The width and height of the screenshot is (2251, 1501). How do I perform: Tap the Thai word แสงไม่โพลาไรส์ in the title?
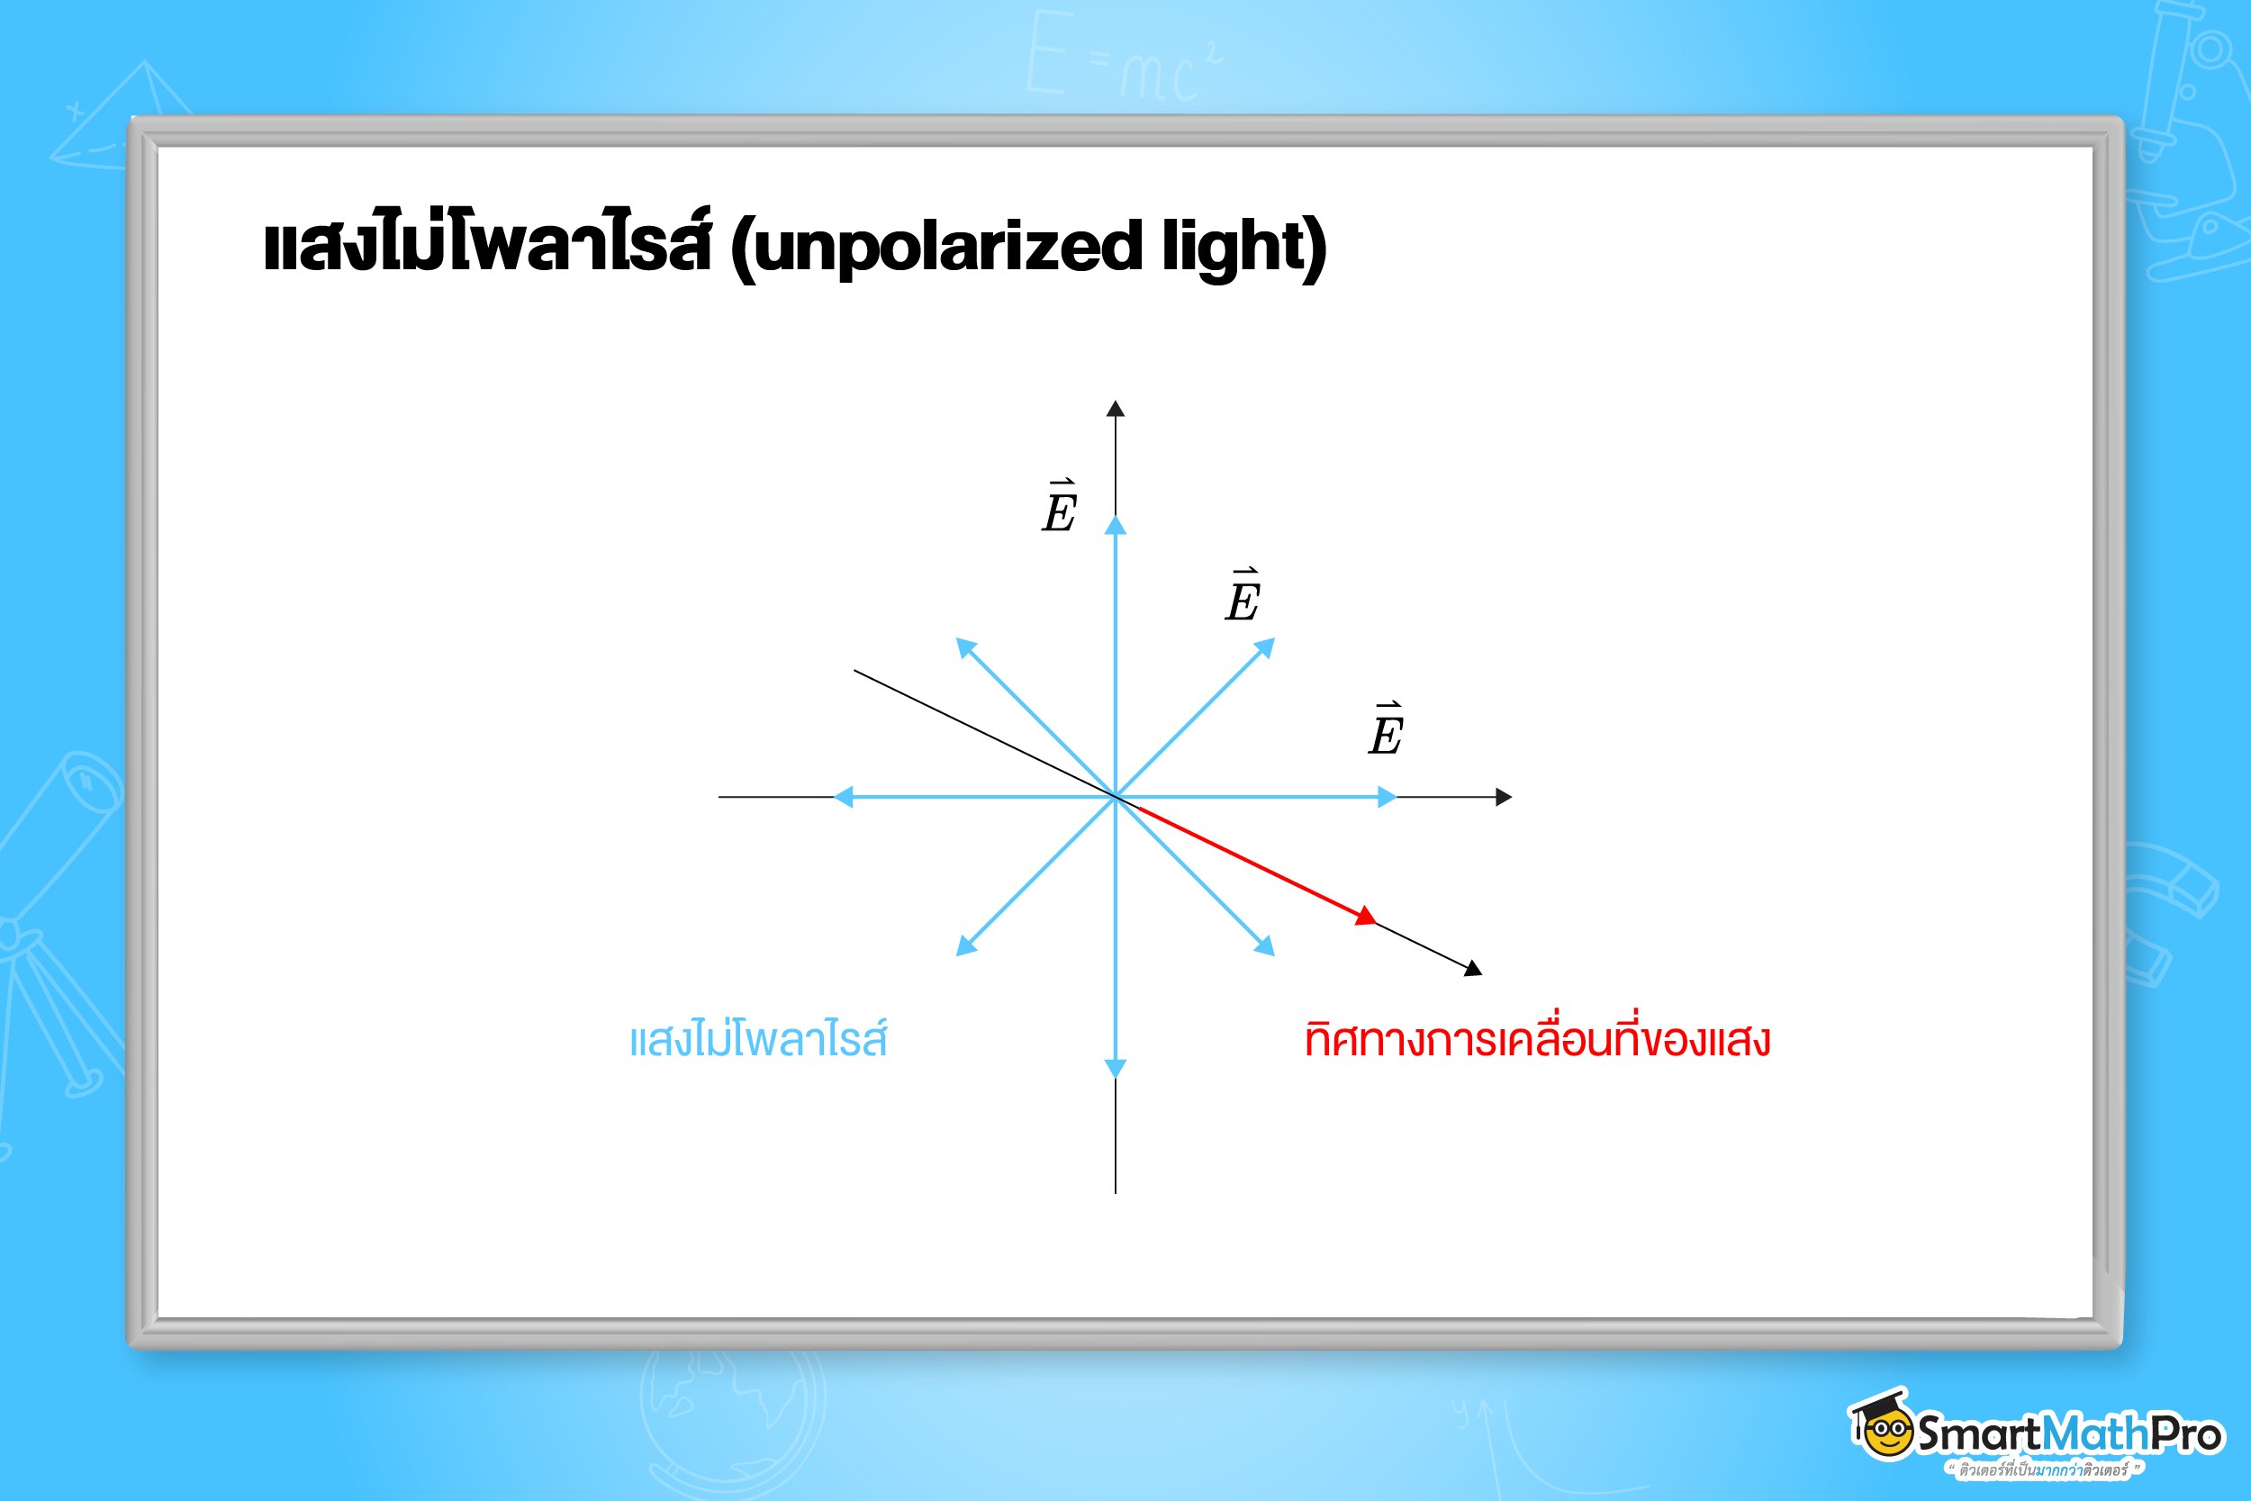coord(487,243)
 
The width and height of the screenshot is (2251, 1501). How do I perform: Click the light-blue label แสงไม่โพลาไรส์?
coord(758,1040)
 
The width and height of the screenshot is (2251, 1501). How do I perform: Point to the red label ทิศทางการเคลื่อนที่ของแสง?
coord(1537,1040)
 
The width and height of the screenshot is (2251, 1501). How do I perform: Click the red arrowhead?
coord(1367,916)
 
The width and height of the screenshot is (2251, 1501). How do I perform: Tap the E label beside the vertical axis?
coord(1060,507)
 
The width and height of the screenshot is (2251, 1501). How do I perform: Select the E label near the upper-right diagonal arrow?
coord(1243,597)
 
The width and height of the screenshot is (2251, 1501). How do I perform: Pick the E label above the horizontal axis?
coord(1386,731)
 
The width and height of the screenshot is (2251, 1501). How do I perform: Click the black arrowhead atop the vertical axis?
coord(1115,410)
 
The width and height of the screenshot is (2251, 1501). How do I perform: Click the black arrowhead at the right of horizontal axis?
coord(1504,797)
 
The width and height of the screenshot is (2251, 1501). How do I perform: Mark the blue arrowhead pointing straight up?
coord(1115,526)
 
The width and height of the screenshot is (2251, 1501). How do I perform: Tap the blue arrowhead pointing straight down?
coord(1115,1068)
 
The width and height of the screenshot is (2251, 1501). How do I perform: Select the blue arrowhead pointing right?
coord(1387,797)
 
